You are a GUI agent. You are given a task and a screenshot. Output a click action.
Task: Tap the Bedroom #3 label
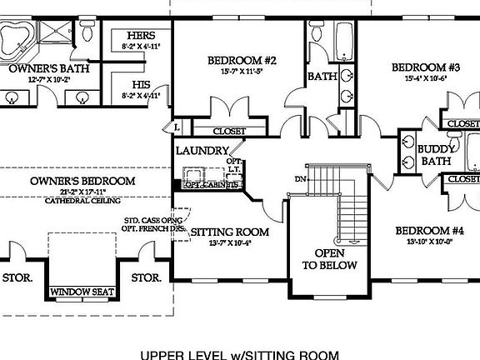pyautogui.click(x=426, y=67)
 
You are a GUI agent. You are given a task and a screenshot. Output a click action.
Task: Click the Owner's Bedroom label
pyautogui.click(x=82, y=181)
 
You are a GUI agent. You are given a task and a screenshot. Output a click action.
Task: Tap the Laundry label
pyautogui.click(x=202, y=151)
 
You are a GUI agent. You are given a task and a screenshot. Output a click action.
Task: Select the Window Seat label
pyautogui.click(x=81, y=292)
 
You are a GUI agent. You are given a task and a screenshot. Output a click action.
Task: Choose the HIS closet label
pyautogui.click(x=140, y=85)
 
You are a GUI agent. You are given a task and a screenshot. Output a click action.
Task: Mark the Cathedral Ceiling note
pyautogui.click(x=82, y=201)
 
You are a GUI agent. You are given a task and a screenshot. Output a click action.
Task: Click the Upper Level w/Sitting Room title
pyautogui.click(x=240, y=352)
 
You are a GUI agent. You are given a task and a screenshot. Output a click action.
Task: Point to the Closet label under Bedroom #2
pyautogui.click(x=228, y=131)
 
